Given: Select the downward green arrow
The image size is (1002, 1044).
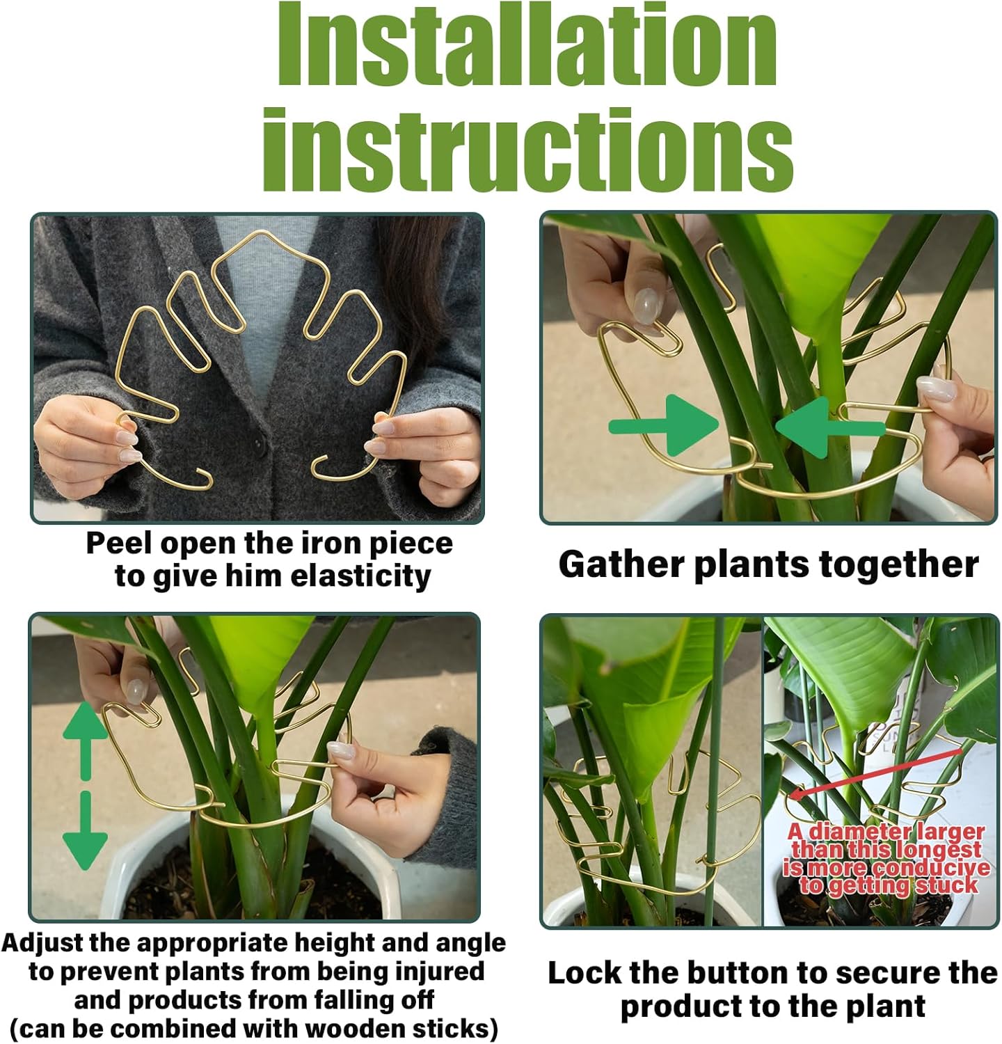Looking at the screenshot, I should tap(85, 832).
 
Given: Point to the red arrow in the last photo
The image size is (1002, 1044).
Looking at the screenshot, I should tap(877, 771).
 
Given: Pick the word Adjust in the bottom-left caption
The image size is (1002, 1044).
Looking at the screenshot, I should tap(42, 943).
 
